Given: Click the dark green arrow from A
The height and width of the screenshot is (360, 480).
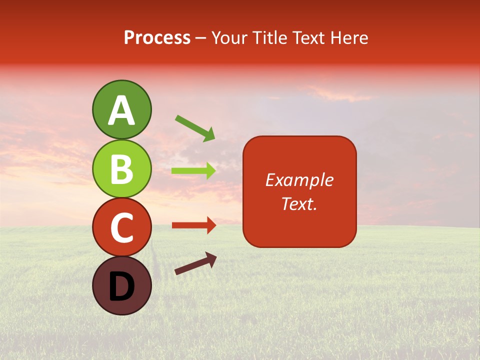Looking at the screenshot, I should pyautogui.click(x=195, y=128).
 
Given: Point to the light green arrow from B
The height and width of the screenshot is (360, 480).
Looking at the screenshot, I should pyautogui.click(x=193, y=170).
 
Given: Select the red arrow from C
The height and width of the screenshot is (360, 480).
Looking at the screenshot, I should pyautogui.click(x=193, y=225).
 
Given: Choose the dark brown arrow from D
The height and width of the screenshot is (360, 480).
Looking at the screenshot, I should pyautogui.click(x=195, y=263).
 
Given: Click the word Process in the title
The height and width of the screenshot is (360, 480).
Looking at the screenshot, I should pyautogui.click(x=157, y=37).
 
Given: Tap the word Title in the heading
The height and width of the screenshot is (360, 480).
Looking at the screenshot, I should pyautogui.click(x=269, y=37).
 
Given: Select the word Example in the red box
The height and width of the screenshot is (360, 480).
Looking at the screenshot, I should pyautogui.click(x=299, y=180).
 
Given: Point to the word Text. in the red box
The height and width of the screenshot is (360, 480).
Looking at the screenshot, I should pyautogui.click(x=299, y=203).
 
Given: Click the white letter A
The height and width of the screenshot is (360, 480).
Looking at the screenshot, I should pyautogui.click(x=122, y=111).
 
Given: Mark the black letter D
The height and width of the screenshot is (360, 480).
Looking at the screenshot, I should pyautogui.click(x=122, y=287).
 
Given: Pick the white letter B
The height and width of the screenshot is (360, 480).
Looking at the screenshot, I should pyautogui.click(x=122, y=169).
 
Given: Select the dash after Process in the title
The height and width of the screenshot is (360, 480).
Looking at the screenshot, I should pyautogui.click(x=201, y=38).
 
